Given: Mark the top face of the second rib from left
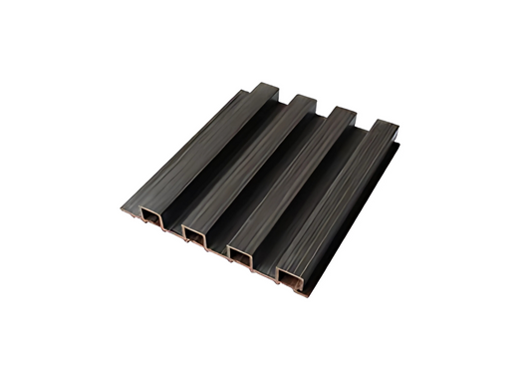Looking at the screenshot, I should (x=244, y=169).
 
